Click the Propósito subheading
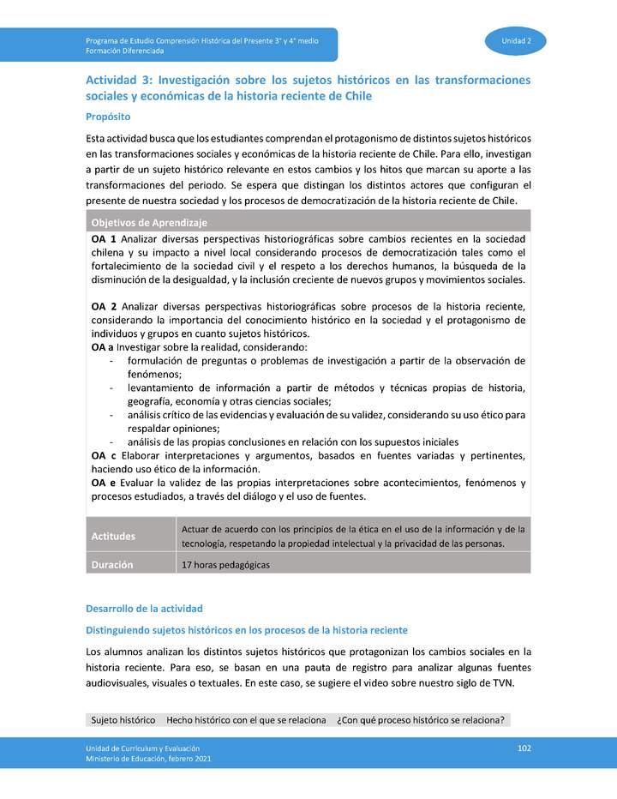click(108, 117)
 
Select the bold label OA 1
click(104, 239)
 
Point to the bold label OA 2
click(104, 306)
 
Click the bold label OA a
click(102, 347)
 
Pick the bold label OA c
click(103, 455)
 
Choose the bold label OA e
click(103, 484)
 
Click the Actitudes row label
click(113, 537)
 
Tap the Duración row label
click(113, 565)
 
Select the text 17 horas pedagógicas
click(225, 565)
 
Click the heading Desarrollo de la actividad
click(144, 609)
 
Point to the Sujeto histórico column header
click(123, 720)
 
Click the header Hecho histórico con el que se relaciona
click(247, 720)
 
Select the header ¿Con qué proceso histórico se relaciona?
click(421, 720)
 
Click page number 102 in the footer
click(525, 748)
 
